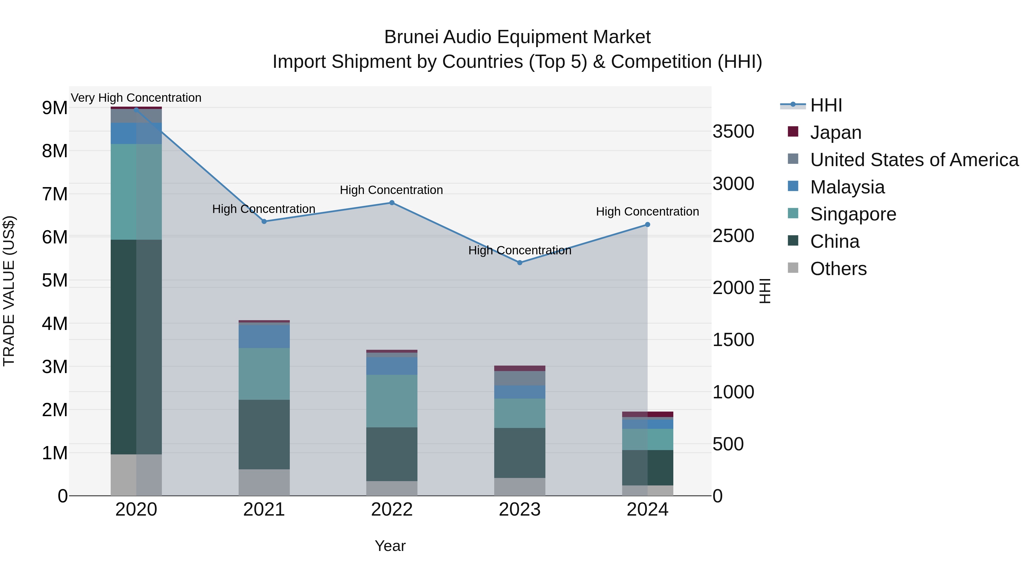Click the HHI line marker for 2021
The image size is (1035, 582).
pyautogui.click(x=264, y=221)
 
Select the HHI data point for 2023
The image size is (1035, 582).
pyautogui.click(x=520, y=263)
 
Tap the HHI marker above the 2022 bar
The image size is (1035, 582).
pyautogui.click(x=392, y=203)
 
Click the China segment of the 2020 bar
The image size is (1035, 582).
pyautogui.click(x=136, y=347)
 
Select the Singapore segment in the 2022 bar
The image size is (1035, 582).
pyautogui.click(x=392, y=401)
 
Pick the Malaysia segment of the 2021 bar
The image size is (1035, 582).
pyautogui.click(x=264, y=336)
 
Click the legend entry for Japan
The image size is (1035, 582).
pyautogui.click(x=836, y=132)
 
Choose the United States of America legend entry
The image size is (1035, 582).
pyautogui.click(x=914, y=160)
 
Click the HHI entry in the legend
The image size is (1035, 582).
pyautogui.click(x=826, y=105)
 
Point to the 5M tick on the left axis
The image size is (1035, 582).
pyautogui.click(x=55, y=280)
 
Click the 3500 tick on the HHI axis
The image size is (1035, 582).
pyautogui.click(x=733, y=132)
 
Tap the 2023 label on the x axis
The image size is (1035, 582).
pyautogui.click(x=520, y=510)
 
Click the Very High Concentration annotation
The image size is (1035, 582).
pyautogui.click(x=136, y=98)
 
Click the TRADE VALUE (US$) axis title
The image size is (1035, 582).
pyautogui.click(x=9, y=291)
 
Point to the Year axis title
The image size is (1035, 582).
pyautogui.click(x=390, y=546)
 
